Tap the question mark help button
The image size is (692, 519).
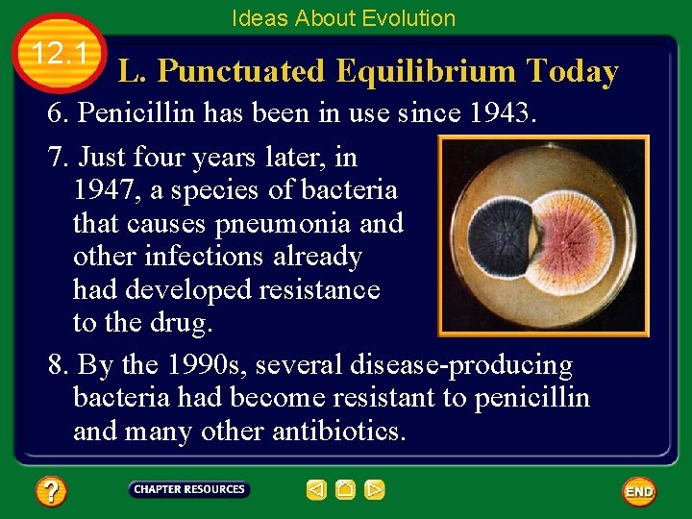pos(51,492)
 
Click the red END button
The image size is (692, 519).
pos(639,491)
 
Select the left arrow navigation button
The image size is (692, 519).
pos(316,490)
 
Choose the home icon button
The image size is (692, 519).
pos(346,490)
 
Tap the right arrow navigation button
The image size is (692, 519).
pos(375,490)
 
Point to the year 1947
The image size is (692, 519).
pos(104,190)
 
